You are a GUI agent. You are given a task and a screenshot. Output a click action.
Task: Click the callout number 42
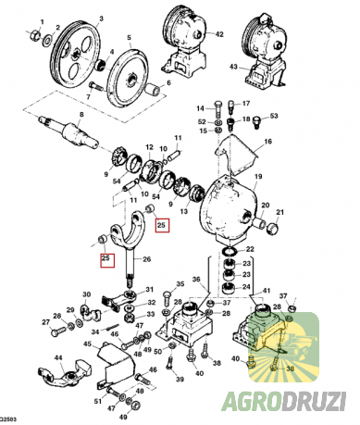pyautogui.click(x=219, y=35)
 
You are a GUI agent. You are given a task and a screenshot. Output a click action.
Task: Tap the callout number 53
pyautogui.click(x=274, y=117)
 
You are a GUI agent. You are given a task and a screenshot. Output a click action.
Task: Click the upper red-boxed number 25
pyautogui.click(x=162, y=224)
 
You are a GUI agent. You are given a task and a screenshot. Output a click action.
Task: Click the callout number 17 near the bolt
pyautogui.click(x=245, y=104)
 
